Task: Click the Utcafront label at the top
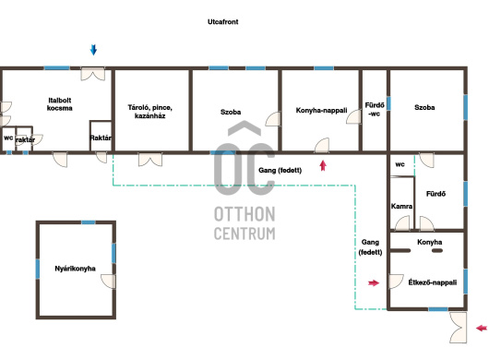[x=222, y=22]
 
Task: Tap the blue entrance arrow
[x=93, y=50]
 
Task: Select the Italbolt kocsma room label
[x=60, y=104]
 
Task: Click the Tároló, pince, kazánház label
[x=150, y=112]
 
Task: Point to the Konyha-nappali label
[x=321, y=110]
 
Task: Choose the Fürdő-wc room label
[x=375, y=110]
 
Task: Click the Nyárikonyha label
[x=75, y=269]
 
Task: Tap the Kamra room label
[x=401, y=206]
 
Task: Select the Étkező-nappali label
[x=432, y=282]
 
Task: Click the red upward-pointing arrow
[x=323, y=165]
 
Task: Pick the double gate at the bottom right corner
[x=458, y=328]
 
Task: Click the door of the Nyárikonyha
[x=109, y=282]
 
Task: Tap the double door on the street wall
[x=92, y=74]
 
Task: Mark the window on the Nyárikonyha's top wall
[x=89, y=222]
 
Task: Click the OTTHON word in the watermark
[x=244, y=214]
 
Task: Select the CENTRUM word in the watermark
[x=244, y=234]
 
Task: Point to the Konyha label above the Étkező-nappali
[x=429, y=242]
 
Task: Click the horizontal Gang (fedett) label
[x=280, y=171]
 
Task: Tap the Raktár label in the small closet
[x=101, y=138]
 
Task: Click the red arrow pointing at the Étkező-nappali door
[x=374, y=283]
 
